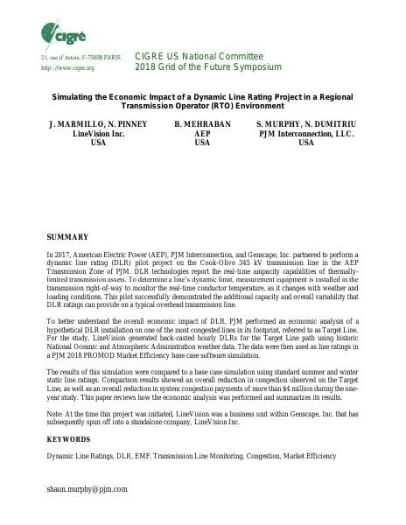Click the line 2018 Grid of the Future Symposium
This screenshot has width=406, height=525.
pyautogui.click(x=208, y=67)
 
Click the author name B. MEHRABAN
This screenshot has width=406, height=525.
pyautogui.click(x=202, y=124)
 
